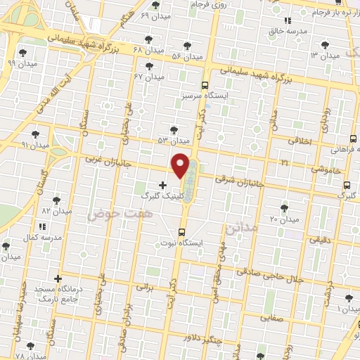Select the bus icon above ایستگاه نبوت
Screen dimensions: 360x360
[181, 232]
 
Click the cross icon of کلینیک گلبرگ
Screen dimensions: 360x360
[163, 185]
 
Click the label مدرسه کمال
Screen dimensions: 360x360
[39, 238]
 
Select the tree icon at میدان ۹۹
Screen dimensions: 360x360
[23, 52]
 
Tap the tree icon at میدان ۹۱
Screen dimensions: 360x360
[35, 134]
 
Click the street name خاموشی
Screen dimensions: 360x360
[326, 169]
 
